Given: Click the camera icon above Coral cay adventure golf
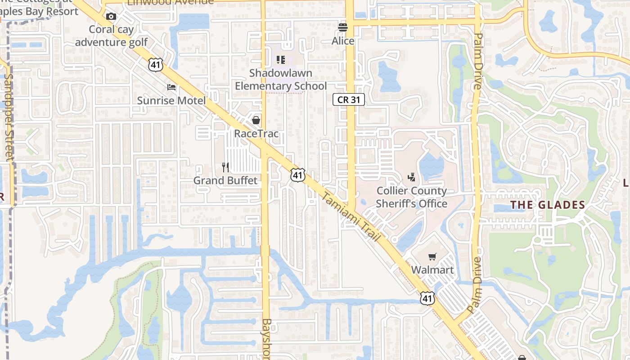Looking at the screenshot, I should pos(111,17).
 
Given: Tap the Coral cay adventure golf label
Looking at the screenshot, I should pos(111,36).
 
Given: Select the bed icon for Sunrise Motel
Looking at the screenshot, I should pos(171,87).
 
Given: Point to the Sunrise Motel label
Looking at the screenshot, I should pos(171,100).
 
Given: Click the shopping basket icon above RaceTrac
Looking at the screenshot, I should pos(256,120).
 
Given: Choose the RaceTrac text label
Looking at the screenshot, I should pos(256,134).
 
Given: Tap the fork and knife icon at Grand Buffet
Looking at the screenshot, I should pos(225,167).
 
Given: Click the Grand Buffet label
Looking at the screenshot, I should pos(225,180).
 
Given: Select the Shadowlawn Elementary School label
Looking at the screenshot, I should pos(281,79).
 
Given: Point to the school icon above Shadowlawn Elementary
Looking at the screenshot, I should pos(281,60).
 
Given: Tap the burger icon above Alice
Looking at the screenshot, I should pos(343,27).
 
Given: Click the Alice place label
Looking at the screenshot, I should pos(343,41).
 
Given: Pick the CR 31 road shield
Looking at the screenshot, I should pos(349,99).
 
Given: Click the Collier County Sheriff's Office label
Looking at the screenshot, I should pos(412,197).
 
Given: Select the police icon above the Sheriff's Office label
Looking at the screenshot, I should pos(411,177).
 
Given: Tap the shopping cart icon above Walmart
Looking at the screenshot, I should pos(432,256).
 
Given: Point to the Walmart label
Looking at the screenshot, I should pos(432,270).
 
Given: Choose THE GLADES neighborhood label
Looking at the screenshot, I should pos(547,205).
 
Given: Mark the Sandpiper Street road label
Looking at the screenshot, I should pos(8,117).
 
